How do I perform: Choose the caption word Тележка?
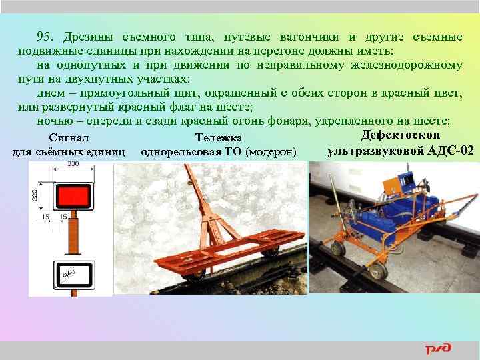point(217,138)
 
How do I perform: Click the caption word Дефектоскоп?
point(401,135)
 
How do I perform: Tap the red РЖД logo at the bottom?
point(438,349)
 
